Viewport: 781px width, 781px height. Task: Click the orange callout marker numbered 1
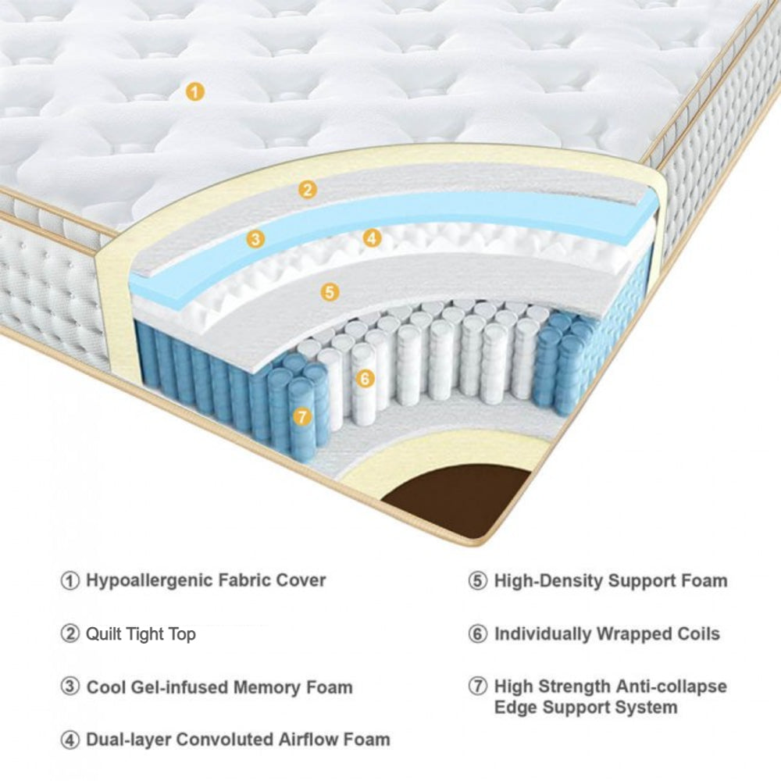195,92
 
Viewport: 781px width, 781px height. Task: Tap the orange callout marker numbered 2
308,189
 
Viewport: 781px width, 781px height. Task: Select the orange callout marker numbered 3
255,239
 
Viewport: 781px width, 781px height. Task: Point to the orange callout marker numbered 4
373,238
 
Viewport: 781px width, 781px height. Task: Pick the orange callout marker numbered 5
330,292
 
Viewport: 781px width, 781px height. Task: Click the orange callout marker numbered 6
365,379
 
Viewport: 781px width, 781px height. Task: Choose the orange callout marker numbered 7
301,416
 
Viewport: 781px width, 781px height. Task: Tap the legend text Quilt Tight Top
141,634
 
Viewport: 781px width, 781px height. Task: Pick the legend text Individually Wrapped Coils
607,634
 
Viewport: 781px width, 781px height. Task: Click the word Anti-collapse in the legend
670,687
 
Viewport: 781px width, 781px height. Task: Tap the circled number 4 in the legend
70,740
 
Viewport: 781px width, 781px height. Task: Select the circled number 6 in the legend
478,634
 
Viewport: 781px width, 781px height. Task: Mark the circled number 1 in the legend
70,581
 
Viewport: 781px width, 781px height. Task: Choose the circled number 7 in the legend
478,687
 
